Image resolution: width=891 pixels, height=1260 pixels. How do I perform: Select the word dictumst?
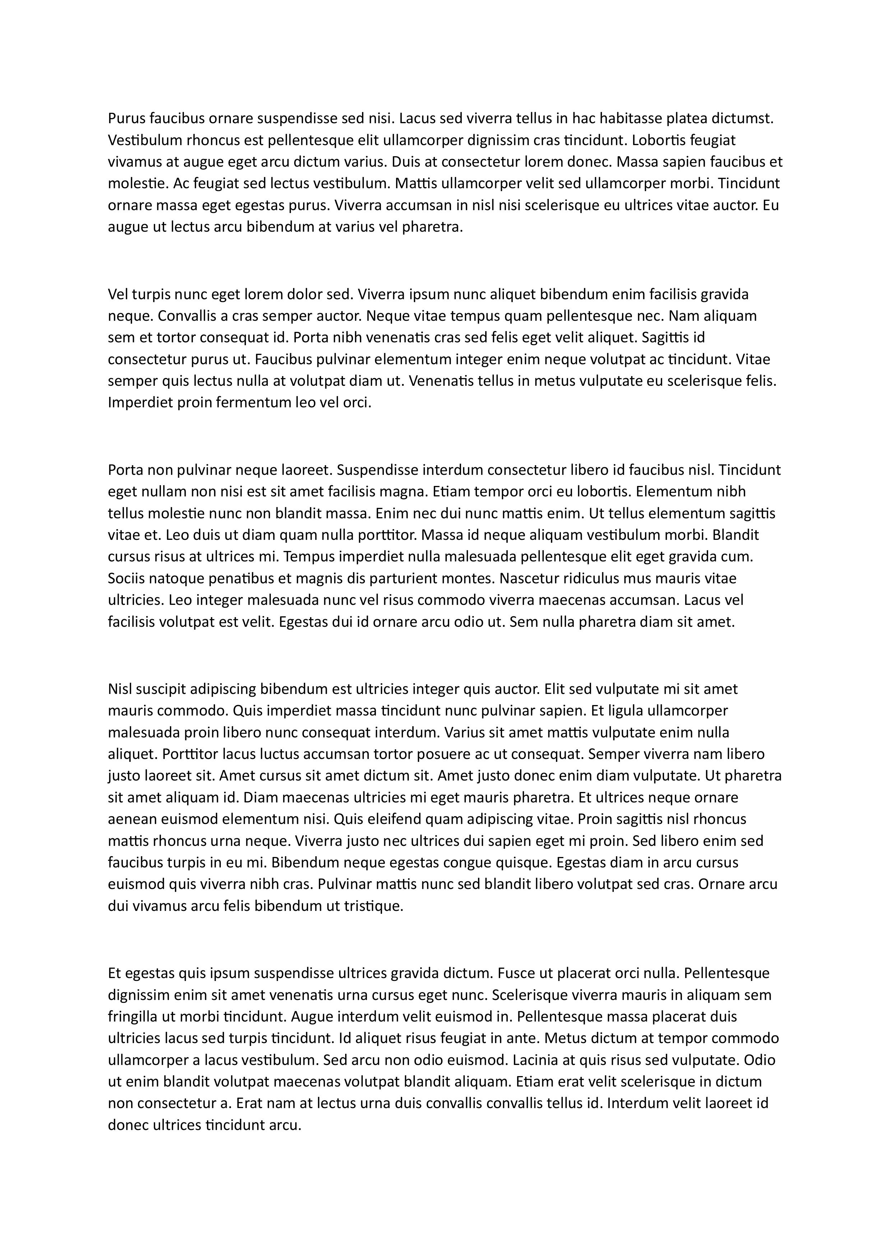pyautogui.click(x=742, y=119)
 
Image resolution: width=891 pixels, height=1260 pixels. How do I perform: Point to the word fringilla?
pyautogui.click(x=132, y=1017)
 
